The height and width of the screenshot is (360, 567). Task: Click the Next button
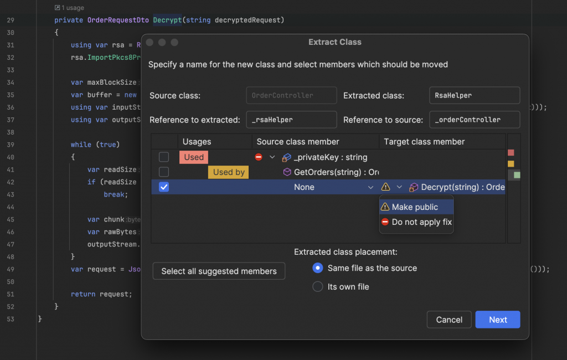pyautogui.click(x=497, y=320)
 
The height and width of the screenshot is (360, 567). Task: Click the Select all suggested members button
pyautogui.click(x=219, y=271)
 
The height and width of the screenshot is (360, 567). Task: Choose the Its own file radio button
pyautogui.click(x=318, y=287)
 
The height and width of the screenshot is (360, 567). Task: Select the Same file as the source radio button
pyautogui.click(x=318, y=268)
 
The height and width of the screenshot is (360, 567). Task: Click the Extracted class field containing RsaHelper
pyautogui.click(x=474, y=95)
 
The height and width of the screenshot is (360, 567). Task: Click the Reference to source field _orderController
pyautogui.click(x=474, y=120)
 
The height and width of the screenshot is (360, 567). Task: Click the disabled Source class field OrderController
pyautogui.click(x=291, y=95)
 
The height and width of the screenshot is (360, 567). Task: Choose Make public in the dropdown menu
pyautogui.click(x=415, y=207)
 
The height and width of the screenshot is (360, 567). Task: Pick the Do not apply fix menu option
pyautogui.click(x=421, y=222)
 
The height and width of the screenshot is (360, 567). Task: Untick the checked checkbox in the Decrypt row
pyautogui.click(x=164, y=187)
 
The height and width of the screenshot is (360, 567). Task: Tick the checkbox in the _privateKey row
pyautogui.click(x=164, y=157)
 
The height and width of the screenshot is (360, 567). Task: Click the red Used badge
pyautogui.click(x=194, y=157)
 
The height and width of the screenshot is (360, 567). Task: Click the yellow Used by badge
pyautogui.click(x=228, y=172)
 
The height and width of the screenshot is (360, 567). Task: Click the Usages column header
pyautogui.click(x=197, y=142)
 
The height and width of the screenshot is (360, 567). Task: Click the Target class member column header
pyautogui.click(x=424, y=142)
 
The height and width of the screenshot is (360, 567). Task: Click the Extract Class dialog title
pyautogui.click(x=334, y=42)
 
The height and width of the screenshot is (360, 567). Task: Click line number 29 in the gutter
pyautogui.click(x=11, y=20)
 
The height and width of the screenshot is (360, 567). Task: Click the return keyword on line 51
pyautogui.click(x=83, y=294)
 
